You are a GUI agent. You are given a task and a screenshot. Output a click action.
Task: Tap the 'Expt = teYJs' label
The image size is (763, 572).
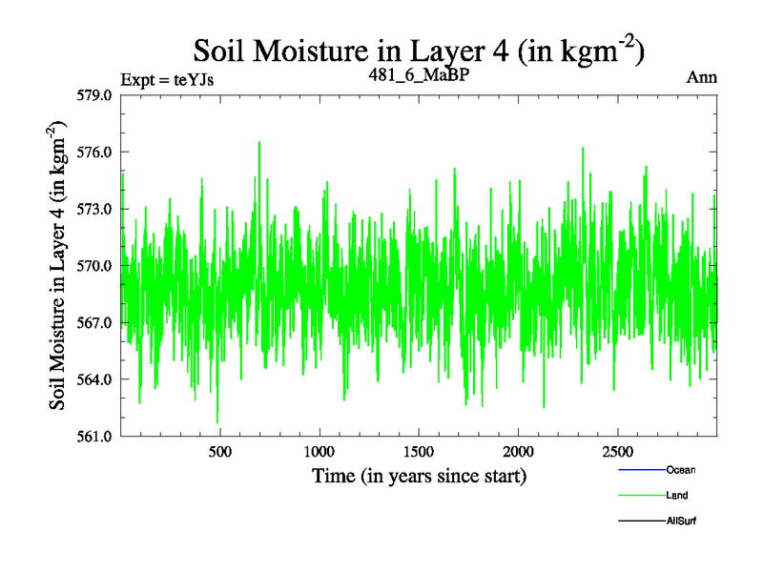tap(167, 79)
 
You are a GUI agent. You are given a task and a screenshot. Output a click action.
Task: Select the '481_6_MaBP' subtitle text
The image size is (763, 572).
tap(421, 74)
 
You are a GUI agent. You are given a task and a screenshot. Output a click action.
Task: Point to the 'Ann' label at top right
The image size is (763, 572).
tap(701, 78)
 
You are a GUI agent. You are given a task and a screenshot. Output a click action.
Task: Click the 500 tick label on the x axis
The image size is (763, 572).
tap(220, 451)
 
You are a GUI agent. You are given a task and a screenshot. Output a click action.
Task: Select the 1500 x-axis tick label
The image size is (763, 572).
tap(419, 451)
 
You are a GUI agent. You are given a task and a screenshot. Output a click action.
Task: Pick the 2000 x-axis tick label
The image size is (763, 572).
tap(518, 451)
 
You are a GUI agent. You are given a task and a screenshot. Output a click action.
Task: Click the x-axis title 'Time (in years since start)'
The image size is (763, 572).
tap(420, 475)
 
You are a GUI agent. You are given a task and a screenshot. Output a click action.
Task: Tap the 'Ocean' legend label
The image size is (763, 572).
tap(678, 470)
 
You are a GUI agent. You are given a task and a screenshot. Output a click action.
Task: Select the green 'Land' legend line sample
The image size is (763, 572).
tap(642, 496)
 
